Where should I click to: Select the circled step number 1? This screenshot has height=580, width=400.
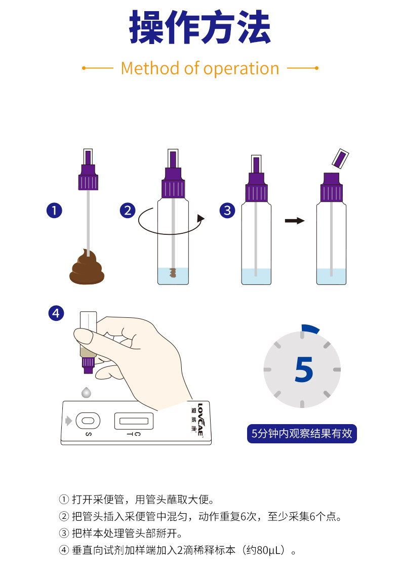click(54, 211)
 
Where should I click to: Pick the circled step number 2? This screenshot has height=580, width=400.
click(128, 211)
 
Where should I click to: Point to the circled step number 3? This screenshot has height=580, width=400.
click(227, 211)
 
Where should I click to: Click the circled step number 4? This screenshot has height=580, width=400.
click(56, 313)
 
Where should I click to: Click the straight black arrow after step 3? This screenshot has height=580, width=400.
click(294, 221)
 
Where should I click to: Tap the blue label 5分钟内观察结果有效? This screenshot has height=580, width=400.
click(302, 434)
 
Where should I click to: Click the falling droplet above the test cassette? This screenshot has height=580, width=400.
click(87, 392)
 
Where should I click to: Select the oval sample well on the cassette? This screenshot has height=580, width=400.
click(88, 420)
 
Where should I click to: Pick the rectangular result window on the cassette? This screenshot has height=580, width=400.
click(134, 420)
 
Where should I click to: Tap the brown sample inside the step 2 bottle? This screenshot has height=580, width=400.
click(172, 273)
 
